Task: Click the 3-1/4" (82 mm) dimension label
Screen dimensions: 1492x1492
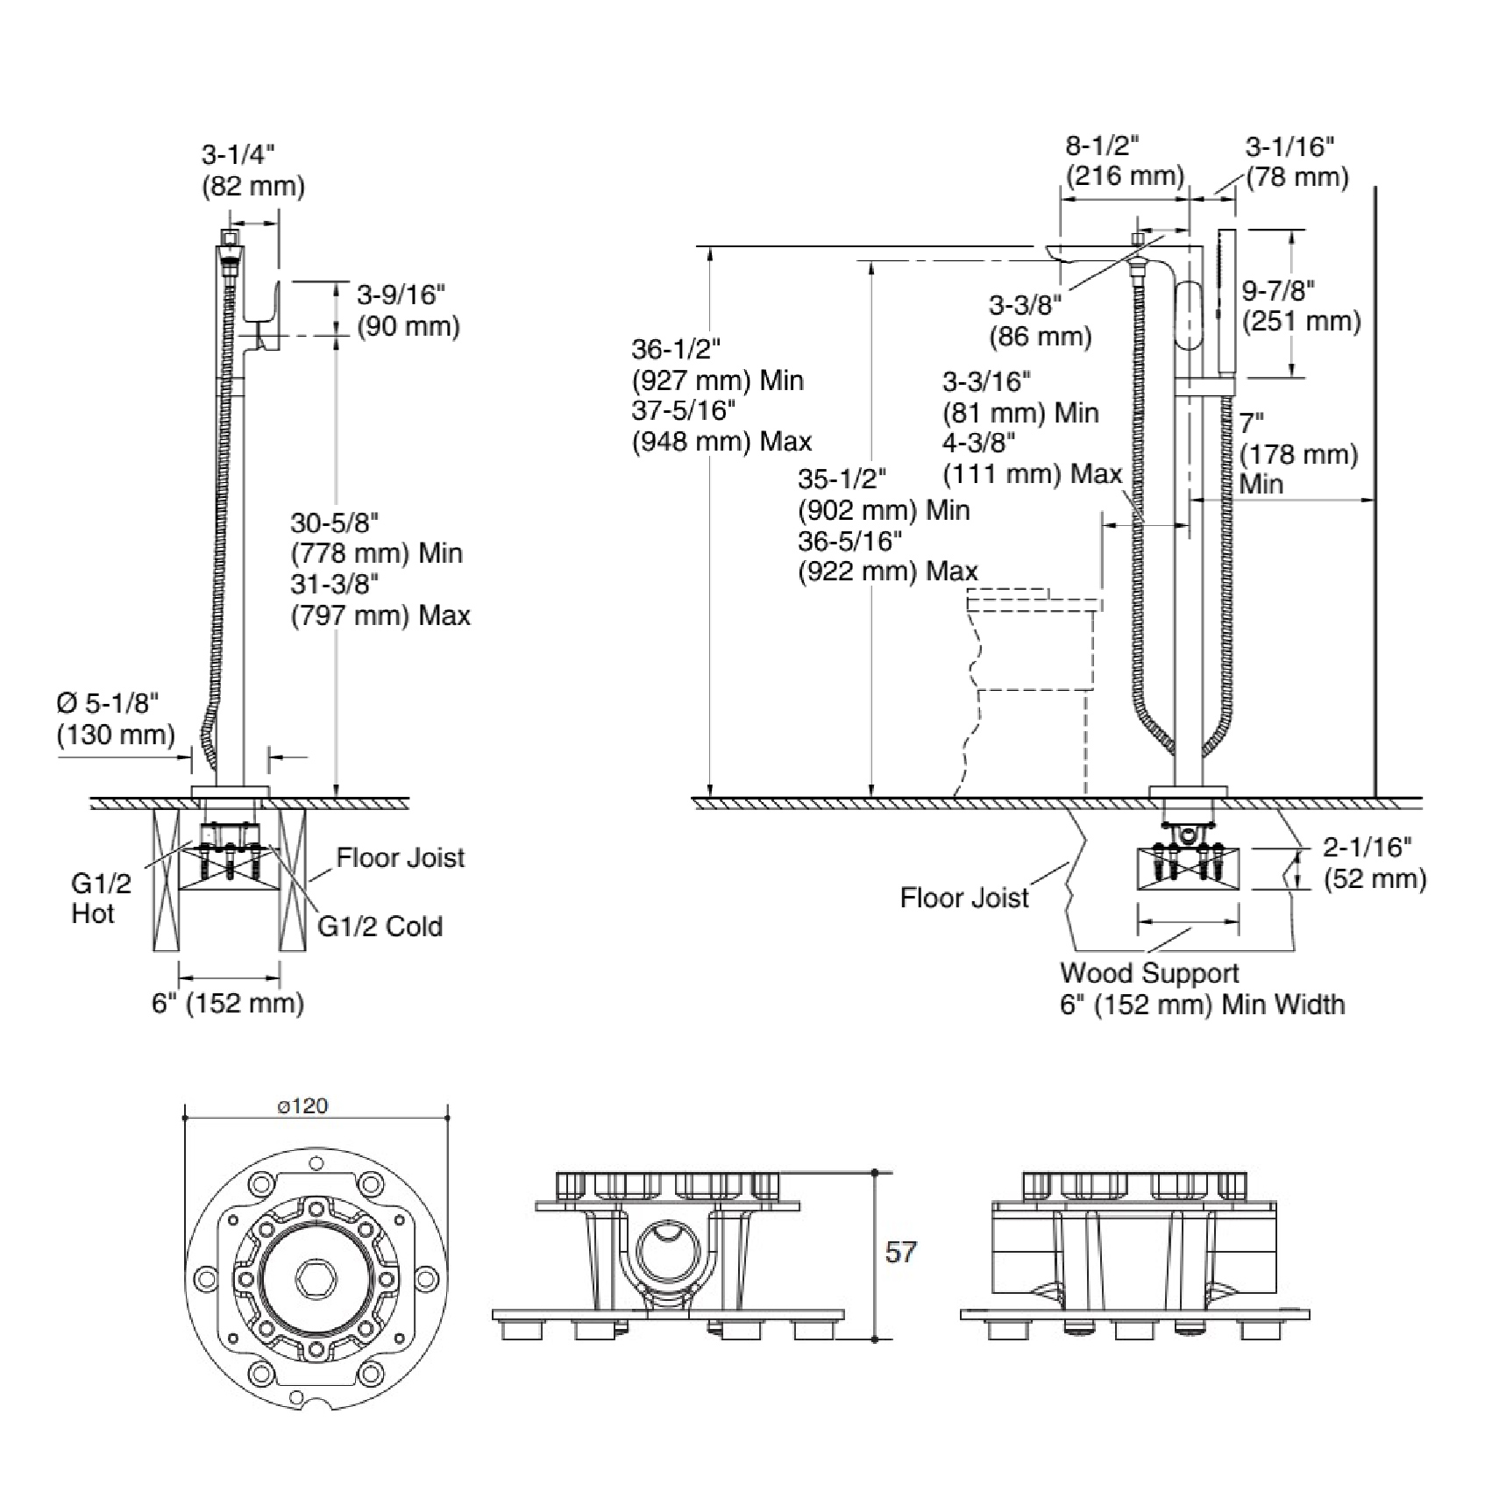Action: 252,170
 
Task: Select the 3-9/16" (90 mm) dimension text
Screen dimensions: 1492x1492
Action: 408,310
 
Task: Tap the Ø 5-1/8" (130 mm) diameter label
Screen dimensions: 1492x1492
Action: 116,719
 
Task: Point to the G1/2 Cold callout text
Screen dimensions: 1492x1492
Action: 380,927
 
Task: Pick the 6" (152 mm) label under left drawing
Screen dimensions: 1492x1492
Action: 228,1003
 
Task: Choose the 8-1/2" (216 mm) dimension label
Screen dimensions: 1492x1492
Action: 1125,160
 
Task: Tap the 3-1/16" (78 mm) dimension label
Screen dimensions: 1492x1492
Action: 1297,161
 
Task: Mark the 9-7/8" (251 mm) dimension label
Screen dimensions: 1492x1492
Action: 1301,305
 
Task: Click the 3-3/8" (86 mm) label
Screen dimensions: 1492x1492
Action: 1040,321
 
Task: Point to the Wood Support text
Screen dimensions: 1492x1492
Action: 1149,973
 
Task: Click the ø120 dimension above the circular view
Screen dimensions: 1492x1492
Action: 302,1106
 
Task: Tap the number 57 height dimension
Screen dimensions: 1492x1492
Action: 900,1252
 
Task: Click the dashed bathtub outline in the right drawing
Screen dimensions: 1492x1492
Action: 1030,693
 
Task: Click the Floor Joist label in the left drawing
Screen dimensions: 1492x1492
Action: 400,857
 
